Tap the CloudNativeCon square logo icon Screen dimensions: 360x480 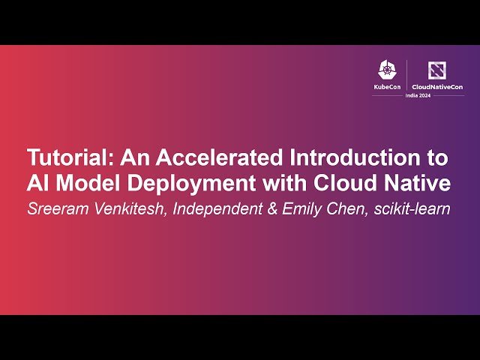[436, 70]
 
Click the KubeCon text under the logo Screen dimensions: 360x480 [387, 87]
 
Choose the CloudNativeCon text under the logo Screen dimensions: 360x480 [437, 87]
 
